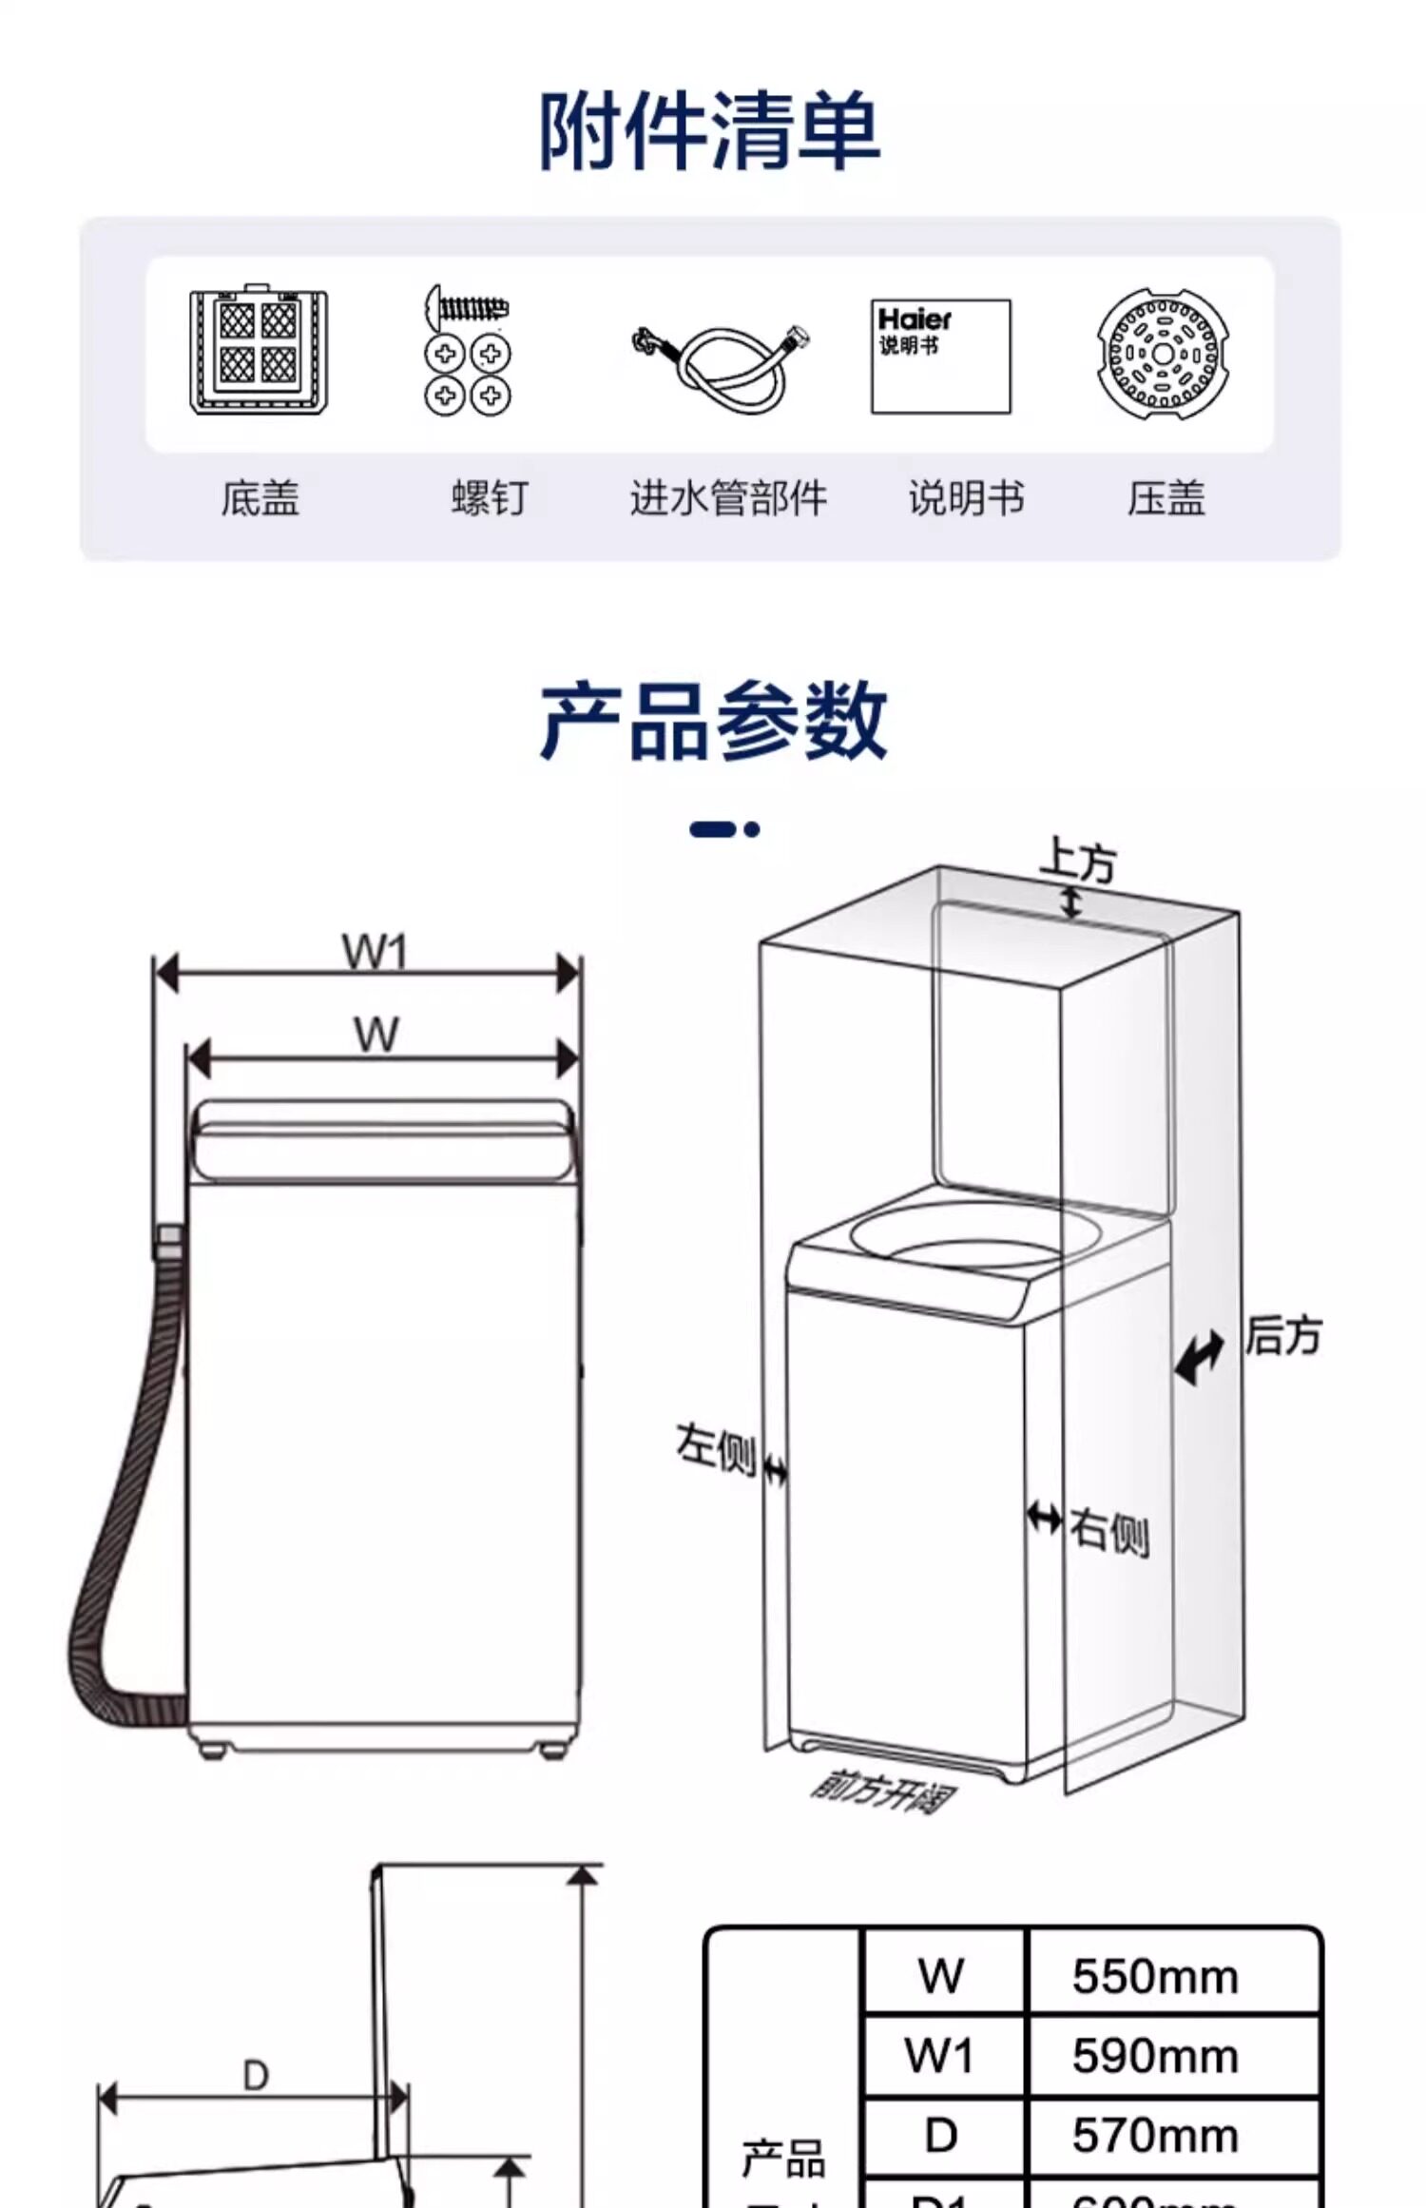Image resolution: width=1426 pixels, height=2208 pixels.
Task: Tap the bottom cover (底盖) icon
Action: pyautogui.click(x=259, y=352)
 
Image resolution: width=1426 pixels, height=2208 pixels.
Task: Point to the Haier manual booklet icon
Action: pyautogui.click(x=940, y=357)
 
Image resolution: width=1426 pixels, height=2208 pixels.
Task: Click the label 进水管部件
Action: pyautogui.click(x=728, y=498)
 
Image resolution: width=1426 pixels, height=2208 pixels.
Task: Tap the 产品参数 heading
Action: pyautogui.click(x=713, y=721)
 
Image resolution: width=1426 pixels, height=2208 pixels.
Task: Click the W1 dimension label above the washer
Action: pyautogui.click(x=375, y=952)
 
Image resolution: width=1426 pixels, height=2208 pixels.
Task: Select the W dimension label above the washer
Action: pyautogui.click(x=376, y=1035)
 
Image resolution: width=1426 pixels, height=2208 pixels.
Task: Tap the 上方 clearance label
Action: pyautogui.click(x=1077, y=861)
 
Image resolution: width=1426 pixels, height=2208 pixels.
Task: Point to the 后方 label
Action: pyautogui.click(x=1283, y=1335)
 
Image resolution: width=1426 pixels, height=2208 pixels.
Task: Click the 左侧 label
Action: pyautogui.click(x=715, y=1450)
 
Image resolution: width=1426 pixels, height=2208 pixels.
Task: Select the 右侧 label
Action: pyautogui.click(x=1109, y=1531)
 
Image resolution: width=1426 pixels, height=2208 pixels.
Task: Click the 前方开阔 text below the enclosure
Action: pyautogui.click(x=883, y=1792)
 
